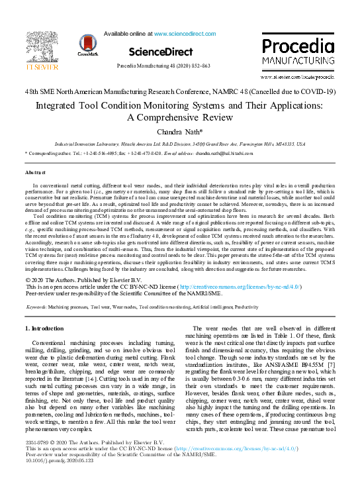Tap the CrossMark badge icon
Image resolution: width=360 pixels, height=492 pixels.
87,46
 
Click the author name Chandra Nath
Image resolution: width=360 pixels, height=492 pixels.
179,132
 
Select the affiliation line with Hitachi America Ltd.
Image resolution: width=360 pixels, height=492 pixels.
179,143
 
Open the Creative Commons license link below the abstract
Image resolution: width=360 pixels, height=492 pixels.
201,287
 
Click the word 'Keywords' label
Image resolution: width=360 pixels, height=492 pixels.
35,308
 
